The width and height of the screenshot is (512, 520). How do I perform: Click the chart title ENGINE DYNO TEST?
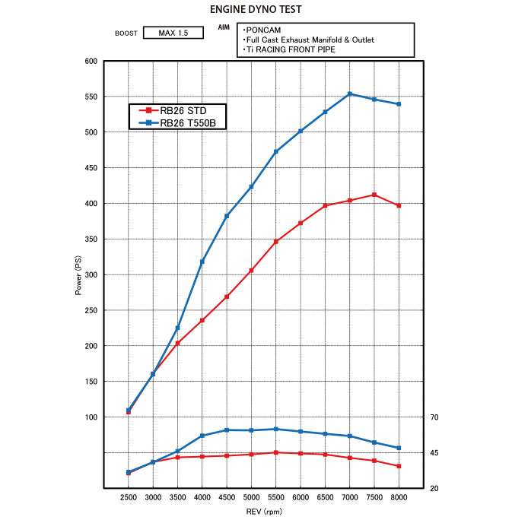(256, 10)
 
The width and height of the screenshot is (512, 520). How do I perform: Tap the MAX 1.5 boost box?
(173, 33)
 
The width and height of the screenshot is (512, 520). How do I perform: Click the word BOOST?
(126, 33)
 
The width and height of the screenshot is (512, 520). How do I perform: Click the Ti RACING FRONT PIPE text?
(290, 49)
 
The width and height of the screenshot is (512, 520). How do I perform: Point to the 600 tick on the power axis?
(91, 61)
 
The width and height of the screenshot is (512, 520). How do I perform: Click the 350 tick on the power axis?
(91, 239)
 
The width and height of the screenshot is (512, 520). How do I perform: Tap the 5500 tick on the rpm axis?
(276, 496)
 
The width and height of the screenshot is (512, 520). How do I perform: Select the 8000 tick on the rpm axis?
(399, 496)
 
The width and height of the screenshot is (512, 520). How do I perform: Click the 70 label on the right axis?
(434, 417)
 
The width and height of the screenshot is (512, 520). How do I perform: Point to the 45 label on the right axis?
(434, 453)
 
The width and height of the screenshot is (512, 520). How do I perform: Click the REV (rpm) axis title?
(263, 512)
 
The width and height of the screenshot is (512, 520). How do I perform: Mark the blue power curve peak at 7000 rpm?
(350, 94)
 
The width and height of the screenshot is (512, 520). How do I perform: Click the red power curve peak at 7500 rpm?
(374, 195)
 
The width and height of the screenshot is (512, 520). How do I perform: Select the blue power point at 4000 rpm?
(202, 262)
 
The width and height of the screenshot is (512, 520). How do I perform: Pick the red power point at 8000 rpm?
(399, 205)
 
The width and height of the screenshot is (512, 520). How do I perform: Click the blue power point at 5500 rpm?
(276, 151)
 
